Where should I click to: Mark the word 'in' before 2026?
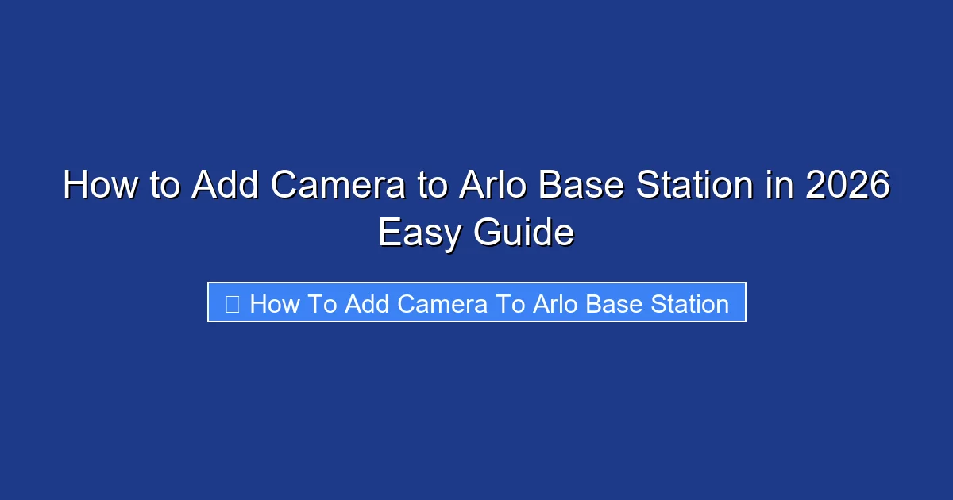coord(781,187)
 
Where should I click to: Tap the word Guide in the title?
coord(525,233)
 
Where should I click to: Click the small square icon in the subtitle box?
coord(233,304)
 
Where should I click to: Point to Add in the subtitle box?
coord(367,304)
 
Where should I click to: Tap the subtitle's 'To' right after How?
coord(320,304)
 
